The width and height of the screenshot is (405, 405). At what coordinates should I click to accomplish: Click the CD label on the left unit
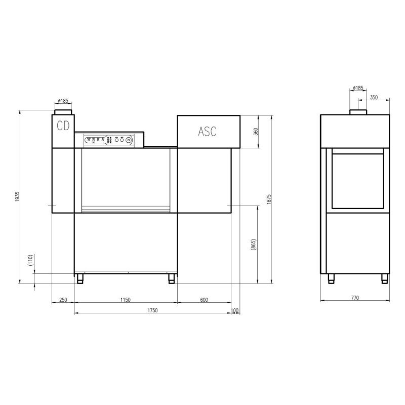point(63,126)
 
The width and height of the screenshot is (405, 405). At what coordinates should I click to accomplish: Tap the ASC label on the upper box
point(207,132)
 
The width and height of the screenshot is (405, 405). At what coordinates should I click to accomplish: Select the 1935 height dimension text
point(17,196)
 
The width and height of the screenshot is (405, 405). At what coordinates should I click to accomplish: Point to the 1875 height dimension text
point(269,199)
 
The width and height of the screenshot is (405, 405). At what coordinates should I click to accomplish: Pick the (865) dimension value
point(254,245)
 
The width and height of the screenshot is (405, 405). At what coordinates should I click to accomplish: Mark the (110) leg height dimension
point(30,260)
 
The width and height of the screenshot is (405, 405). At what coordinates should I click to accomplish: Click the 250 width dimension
point(63,300)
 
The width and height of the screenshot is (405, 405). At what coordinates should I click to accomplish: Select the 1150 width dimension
point(126,300)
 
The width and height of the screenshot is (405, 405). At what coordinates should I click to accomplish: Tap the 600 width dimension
point(204,300)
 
